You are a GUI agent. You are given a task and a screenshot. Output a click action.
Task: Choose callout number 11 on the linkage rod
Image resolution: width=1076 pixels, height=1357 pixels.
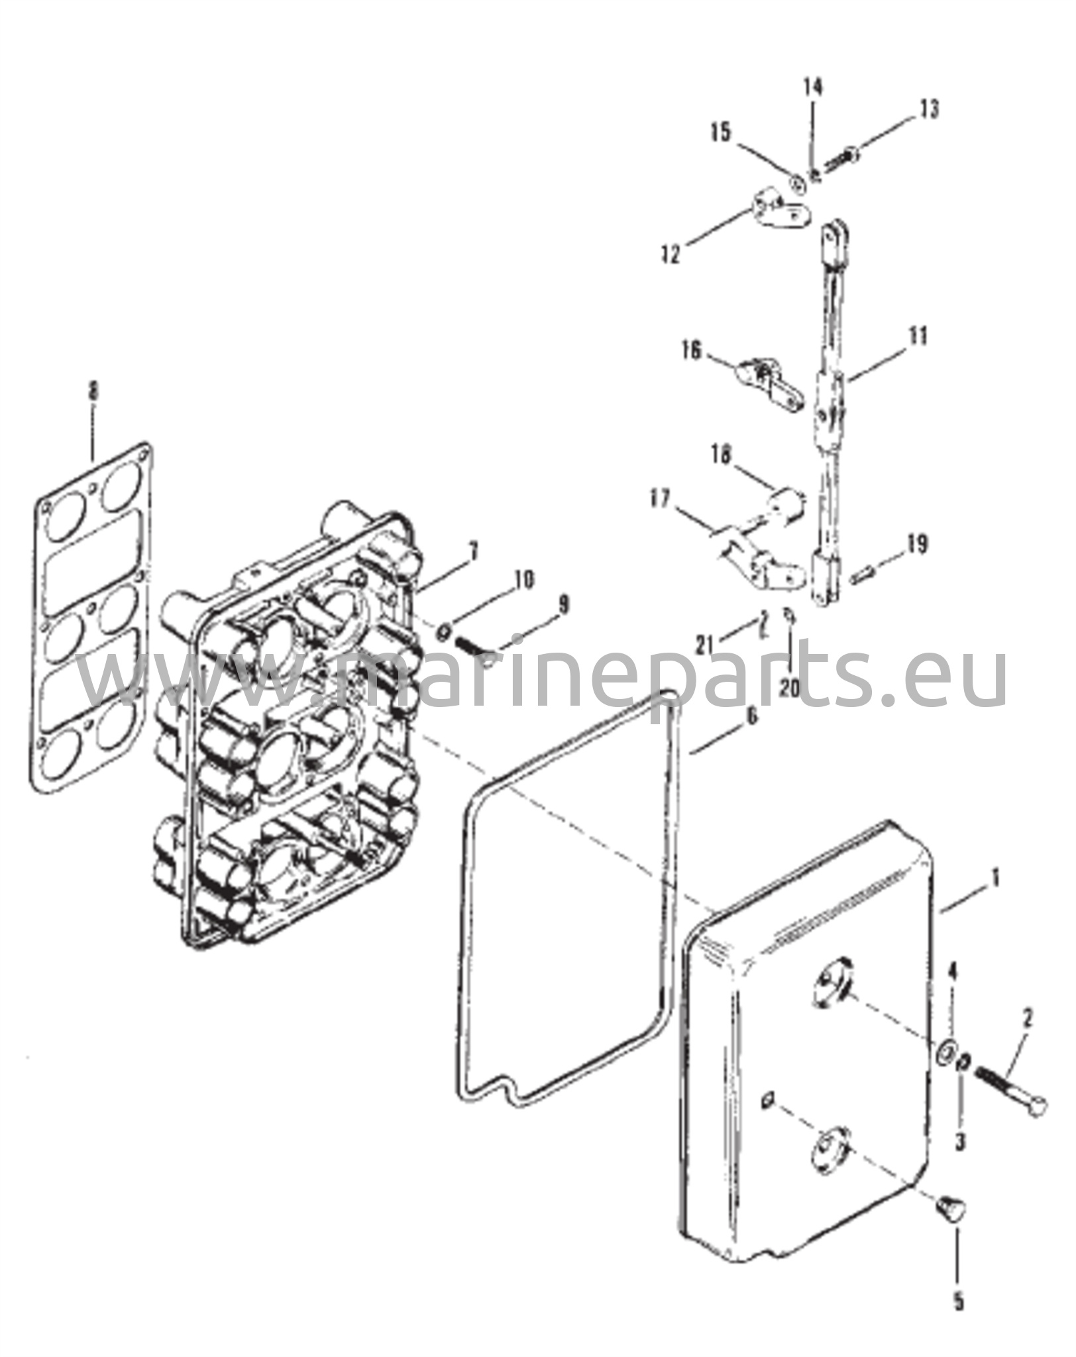[x=917, y=337]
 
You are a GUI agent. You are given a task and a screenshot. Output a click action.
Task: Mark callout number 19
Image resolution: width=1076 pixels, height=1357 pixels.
[x=918, y=543]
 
